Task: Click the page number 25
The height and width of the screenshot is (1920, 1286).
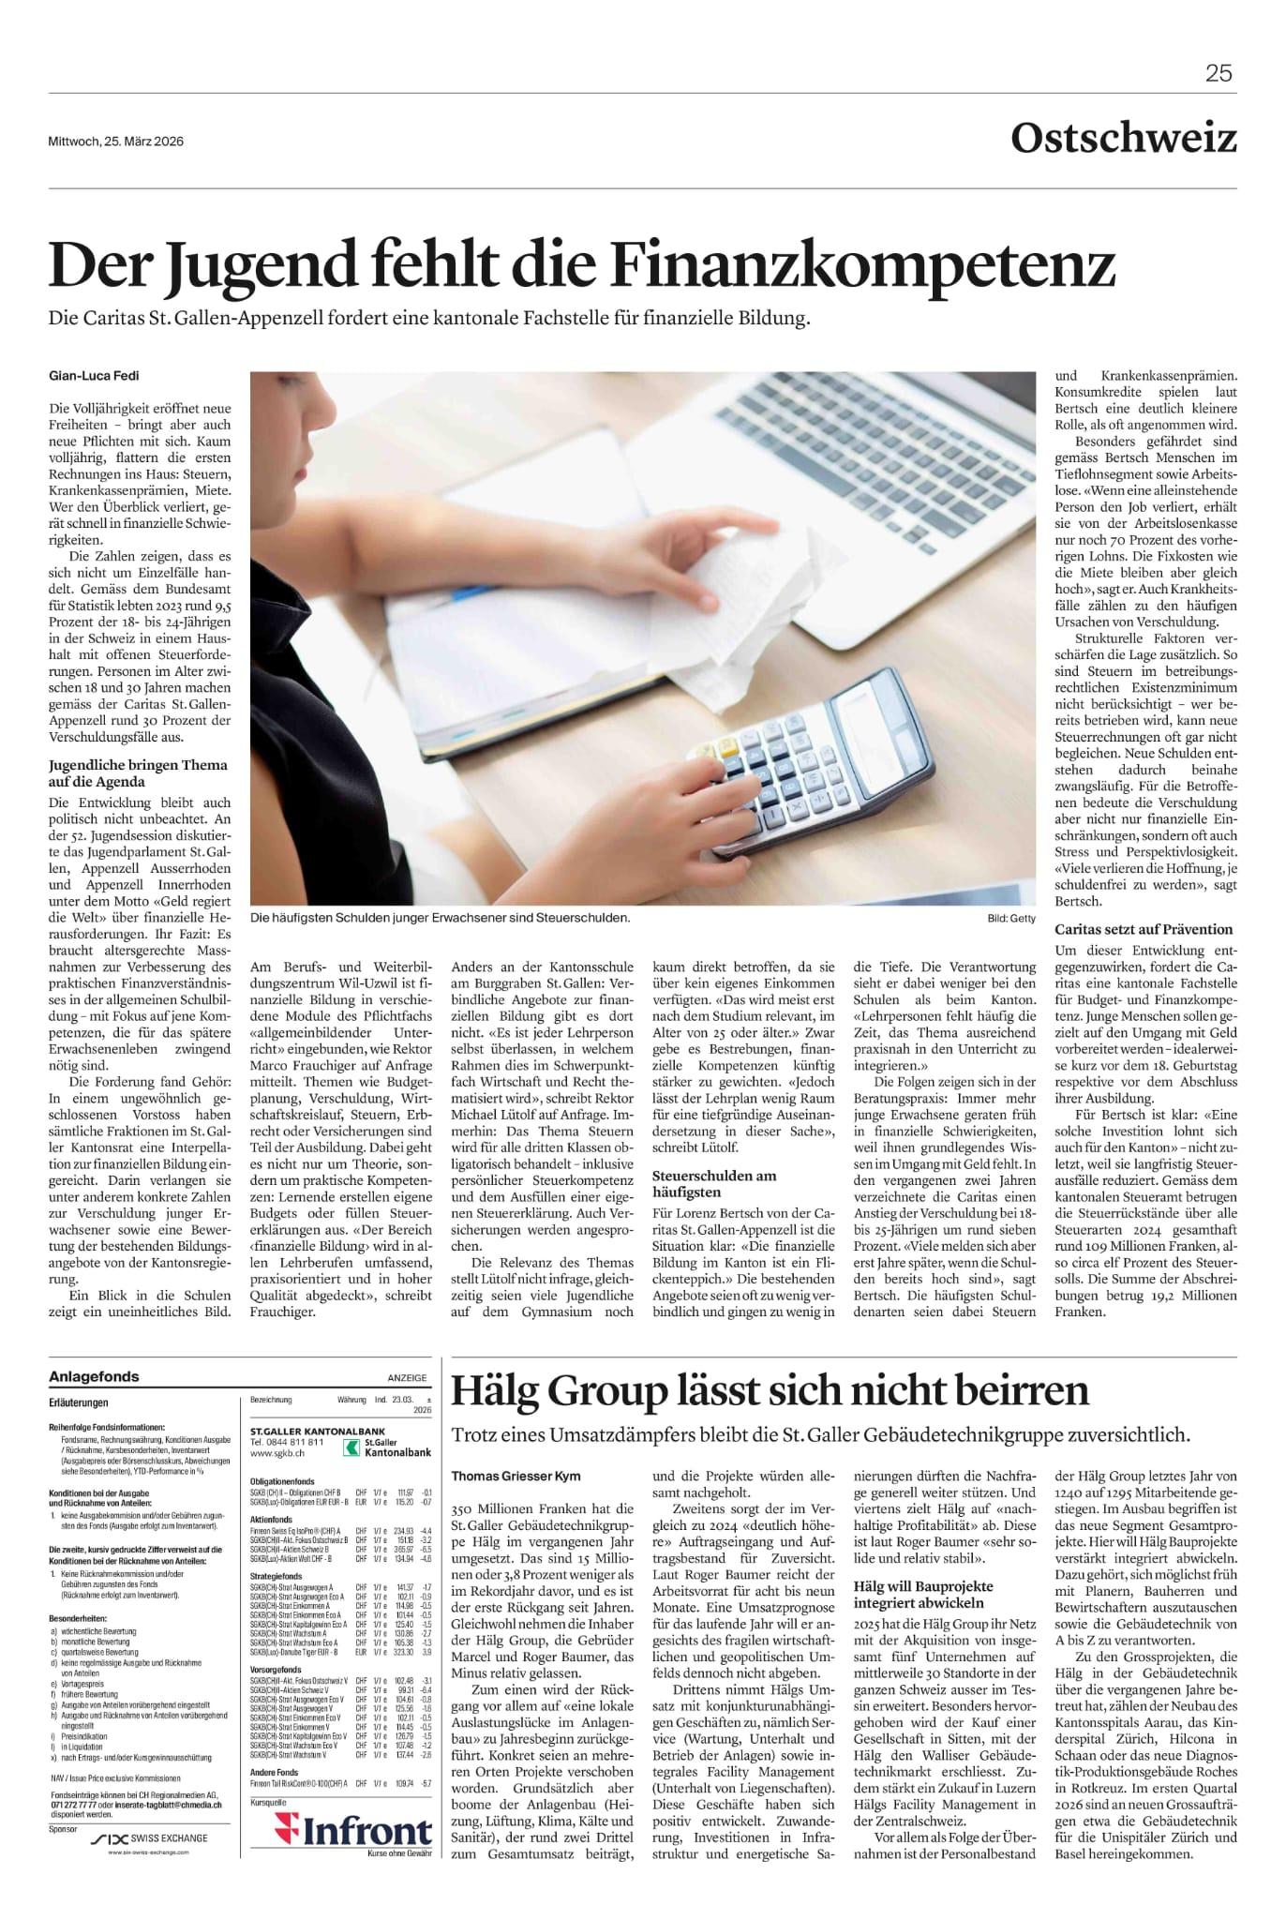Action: tap(1218, 73)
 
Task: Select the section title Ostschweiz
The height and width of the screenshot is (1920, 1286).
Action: tap(1123, 139)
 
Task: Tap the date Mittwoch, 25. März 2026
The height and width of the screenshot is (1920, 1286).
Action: tap(115, 142)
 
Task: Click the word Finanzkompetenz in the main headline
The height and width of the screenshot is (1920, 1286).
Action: tap(863, 265)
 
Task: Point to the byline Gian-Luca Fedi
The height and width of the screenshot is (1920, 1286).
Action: tap(93, 376)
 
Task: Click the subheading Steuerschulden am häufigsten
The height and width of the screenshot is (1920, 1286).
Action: tap(714, 1184)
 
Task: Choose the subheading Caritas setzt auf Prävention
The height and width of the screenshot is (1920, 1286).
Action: tap(1144, 929)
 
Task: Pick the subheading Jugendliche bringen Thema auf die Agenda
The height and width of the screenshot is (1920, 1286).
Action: tap(138, 773)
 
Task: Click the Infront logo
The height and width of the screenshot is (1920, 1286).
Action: tap(354, 1832)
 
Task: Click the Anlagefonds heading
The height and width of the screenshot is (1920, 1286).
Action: tap(94, 1377)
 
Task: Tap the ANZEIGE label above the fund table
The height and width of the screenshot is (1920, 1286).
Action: tap(407, 1378)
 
